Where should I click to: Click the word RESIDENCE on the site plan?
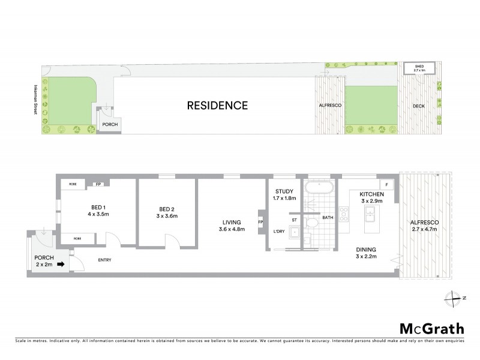[x=217, y=106]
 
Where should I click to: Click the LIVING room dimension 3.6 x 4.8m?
[x=232, y=229]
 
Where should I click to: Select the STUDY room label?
[x=284, y=191]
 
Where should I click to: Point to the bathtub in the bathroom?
[x=318, y=187]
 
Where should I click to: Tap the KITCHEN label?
[x=371, y=195]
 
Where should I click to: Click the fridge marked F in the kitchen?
[x=386, y=184]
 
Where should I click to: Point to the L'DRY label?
[x=279, y=232]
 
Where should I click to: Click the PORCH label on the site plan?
[x=110, y=125]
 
